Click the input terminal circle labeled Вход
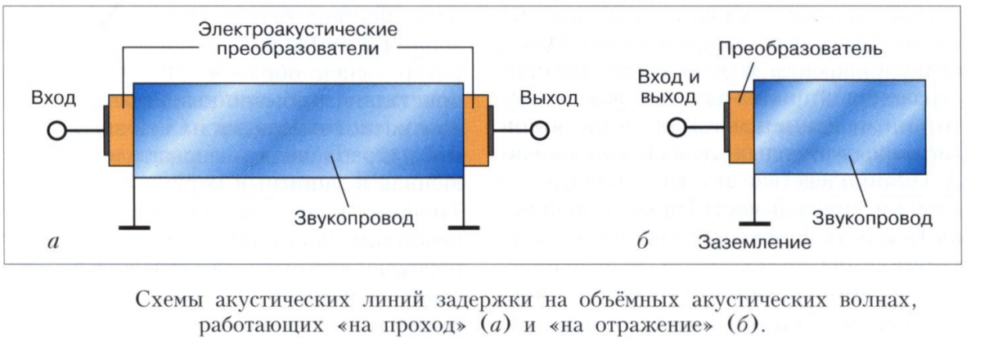[x=56, y=131]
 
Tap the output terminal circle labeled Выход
[x=539, y=131]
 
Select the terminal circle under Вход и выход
[x=677, y=128]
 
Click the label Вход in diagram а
[x=53, y=98]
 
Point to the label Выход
[x=549, y=98]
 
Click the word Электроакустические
[x=298, y=29]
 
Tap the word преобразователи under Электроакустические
[x=298, y=48]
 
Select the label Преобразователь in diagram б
[x=800, y=48]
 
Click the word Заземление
[x=754, y=242]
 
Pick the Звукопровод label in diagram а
[x=353, y=218]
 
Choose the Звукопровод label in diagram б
[x=872, y=218]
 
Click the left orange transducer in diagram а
[x=121, y=131]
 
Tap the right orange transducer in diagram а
[x=476, y=131]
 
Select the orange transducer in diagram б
[x=741, y=128]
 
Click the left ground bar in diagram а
[x=134, y=227]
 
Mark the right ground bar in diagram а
[x=463, y=227]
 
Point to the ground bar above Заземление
[x=754, y=223]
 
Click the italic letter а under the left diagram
[x=53, y=242]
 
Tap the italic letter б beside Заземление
[x=642, y=241]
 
